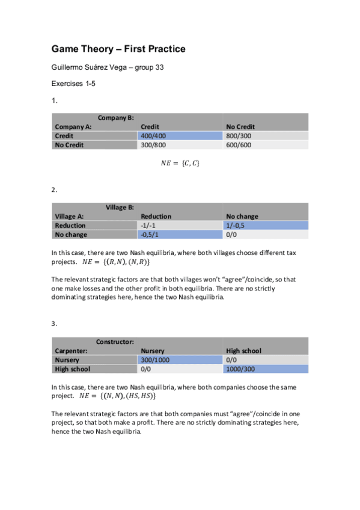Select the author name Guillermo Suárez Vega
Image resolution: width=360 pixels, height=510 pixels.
[107, 67]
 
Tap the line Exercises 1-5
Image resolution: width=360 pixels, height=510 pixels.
[73, 84]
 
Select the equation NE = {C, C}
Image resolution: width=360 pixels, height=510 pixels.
[180, 162]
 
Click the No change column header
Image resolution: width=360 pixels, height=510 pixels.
[242, 217]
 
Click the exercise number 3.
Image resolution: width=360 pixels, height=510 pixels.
[53, 324]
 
